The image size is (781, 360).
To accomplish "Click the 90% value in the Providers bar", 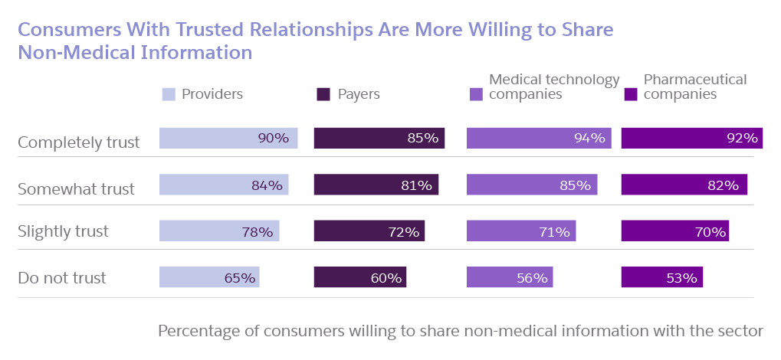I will click(x=273, y=139).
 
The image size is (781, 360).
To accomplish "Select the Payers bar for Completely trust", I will click(x=379, y=139).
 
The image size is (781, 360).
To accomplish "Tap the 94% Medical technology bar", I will click(x=539, y=139).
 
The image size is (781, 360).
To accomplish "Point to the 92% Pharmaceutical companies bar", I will click(x=692, y=139).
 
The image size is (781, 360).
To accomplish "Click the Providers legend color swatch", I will click(x=168, y=95).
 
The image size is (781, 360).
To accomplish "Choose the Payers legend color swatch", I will click(x=323, y=95).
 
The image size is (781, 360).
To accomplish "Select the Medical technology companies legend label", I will click(x=554, y=87).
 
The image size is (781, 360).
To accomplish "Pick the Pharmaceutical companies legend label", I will click(x=694, y=87).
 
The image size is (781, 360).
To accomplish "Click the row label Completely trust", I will click(x=79, y=142).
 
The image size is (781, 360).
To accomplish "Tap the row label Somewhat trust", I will click(x=76, y=188).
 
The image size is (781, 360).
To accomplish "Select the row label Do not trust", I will click(x=62, y=277).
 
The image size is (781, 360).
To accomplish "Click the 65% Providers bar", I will click(x=209, y=277).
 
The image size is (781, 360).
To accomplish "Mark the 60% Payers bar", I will click(x=360, y=277).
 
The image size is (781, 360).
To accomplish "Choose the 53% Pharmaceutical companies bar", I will click(x=661, y=277).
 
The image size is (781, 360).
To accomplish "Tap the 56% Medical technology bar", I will click(x=508, y=277).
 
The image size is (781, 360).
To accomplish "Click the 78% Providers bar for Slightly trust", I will click(x=219, y=231).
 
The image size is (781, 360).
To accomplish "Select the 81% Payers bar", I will click(x=376, y=185).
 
